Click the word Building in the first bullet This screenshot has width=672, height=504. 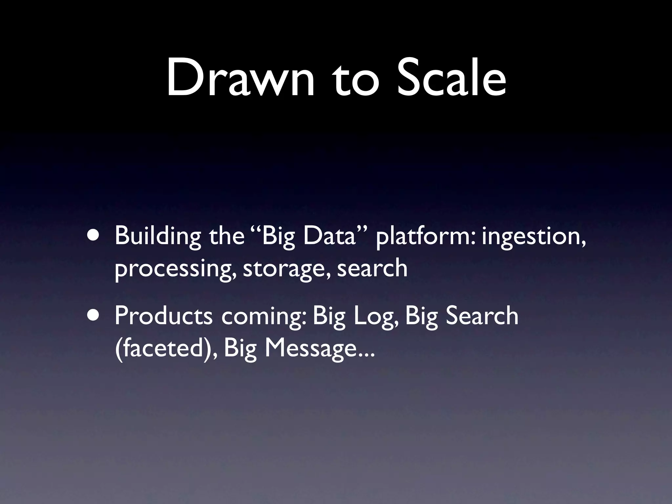(x=158, y=236)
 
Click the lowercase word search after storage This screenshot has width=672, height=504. (x=372, y=268)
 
